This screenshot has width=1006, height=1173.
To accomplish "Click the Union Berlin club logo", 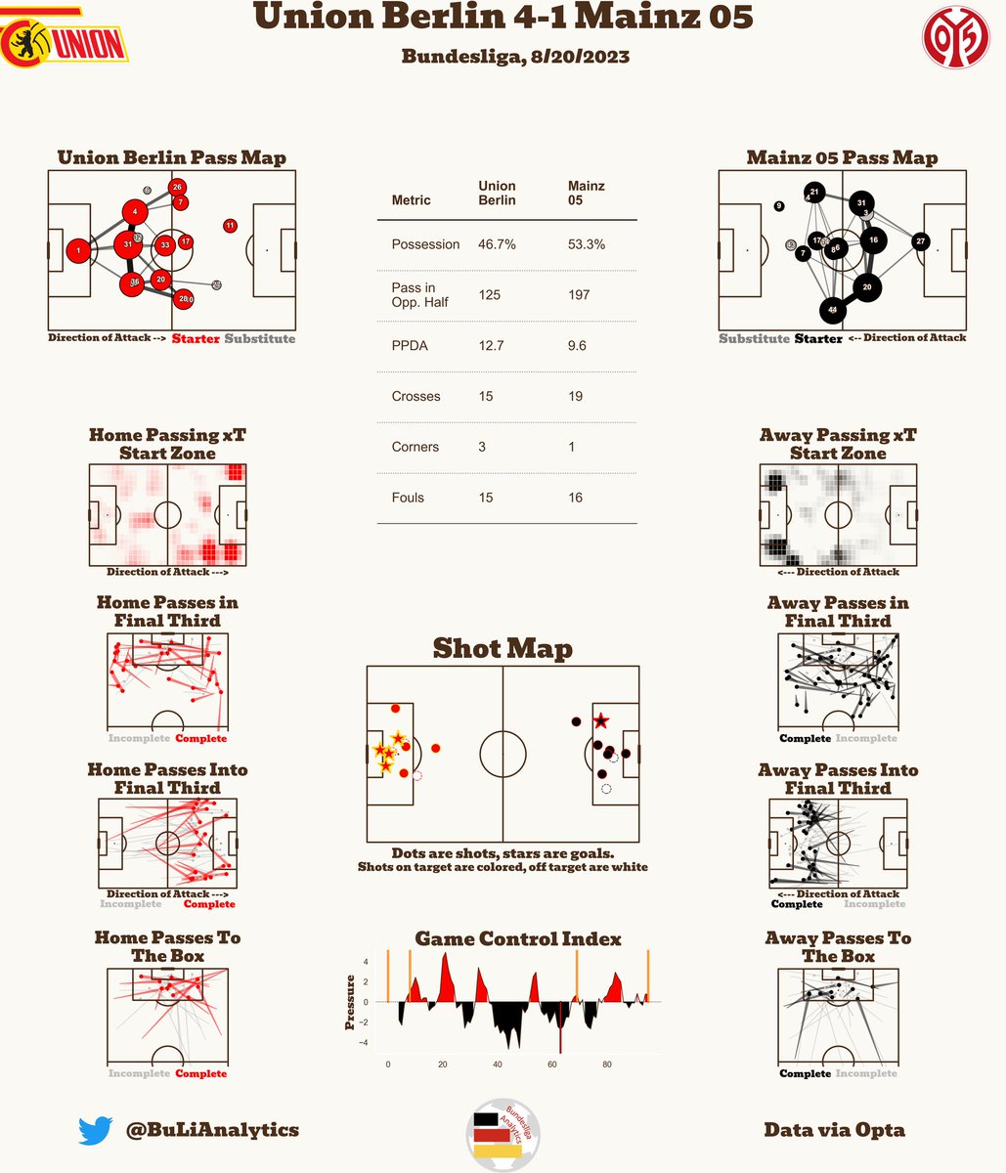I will [x=64, y=38].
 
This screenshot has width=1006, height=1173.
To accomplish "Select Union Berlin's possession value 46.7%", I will [x=497, y=244].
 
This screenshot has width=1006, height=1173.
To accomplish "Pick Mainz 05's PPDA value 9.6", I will [x=577, y=345].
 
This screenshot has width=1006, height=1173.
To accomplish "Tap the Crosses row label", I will [x=416, y=396].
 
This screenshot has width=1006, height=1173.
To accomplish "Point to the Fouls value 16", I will [x=575, y=498].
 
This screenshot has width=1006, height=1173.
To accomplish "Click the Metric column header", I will [x=411, y=200].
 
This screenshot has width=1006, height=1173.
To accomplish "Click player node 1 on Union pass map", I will [x=79, y=251].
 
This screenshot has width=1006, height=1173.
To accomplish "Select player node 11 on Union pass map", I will [x=230, y=226].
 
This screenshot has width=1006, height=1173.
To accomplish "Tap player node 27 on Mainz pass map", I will [x=921, y=240].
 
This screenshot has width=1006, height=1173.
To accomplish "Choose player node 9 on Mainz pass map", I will [x=778, y=206].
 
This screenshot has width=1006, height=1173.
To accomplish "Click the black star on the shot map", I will [x=600, y=721].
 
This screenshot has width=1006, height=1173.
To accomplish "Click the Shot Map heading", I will [x=503, y=649].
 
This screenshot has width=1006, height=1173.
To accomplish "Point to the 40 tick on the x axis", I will [x=498, y=1064].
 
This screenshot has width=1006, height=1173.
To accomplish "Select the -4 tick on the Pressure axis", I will [x=366, y=1043].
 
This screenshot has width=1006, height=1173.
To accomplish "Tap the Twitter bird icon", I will [x=97, y=1131].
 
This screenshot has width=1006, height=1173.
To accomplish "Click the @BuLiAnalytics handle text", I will [x=212, y=1130].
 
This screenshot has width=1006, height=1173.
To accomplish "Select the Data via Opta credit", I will [x=834, y=1130].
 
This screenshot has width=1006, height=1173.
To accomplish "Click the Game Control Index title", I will [x=517, y=939].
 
